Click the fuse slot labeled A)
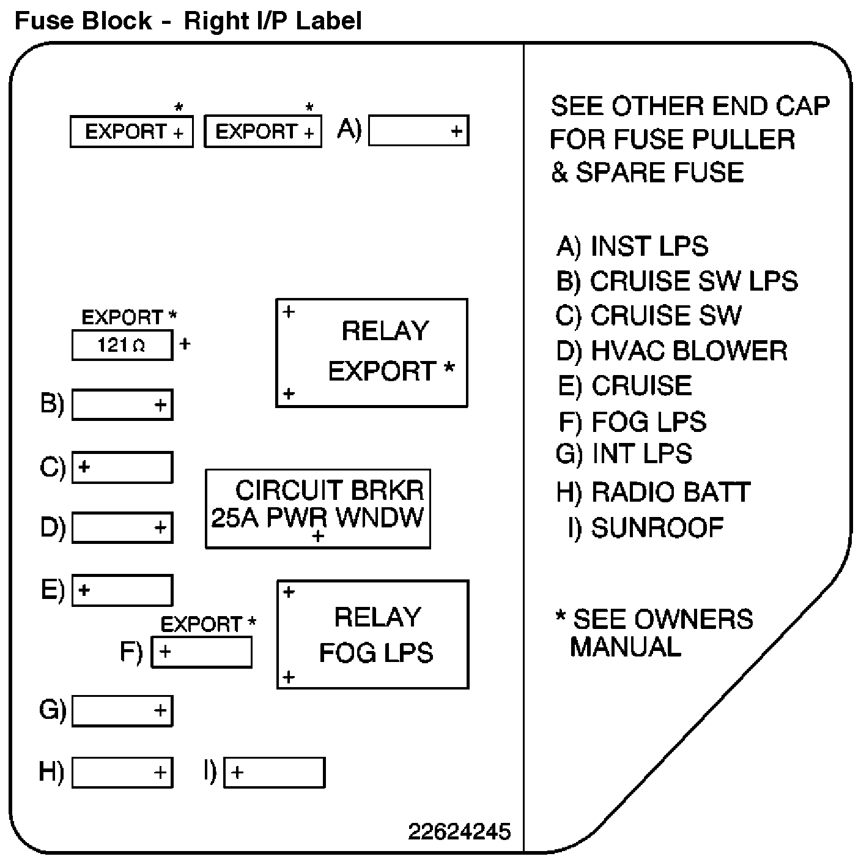point(418,130)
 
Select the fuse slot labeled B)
point(122,404)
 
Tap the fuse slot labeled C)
point(122,467)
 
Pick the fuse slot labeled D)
point(122,527)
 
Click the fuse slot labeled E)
point(122,590)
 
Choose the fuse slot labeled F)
point(201,652)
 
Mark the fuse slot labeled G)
point(122,711)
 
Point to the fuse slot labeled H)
point(122,772)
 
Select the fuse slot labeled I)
point(274,772)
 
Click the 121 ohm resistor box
point(122,345)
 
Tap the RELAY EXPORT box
point(372,352)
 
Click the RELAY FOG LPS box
point(373,634)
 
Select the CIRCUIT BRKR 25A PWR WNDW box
point(318,508)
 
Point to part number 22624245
point(459,831)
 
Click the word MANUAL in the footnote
point(625,647)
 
